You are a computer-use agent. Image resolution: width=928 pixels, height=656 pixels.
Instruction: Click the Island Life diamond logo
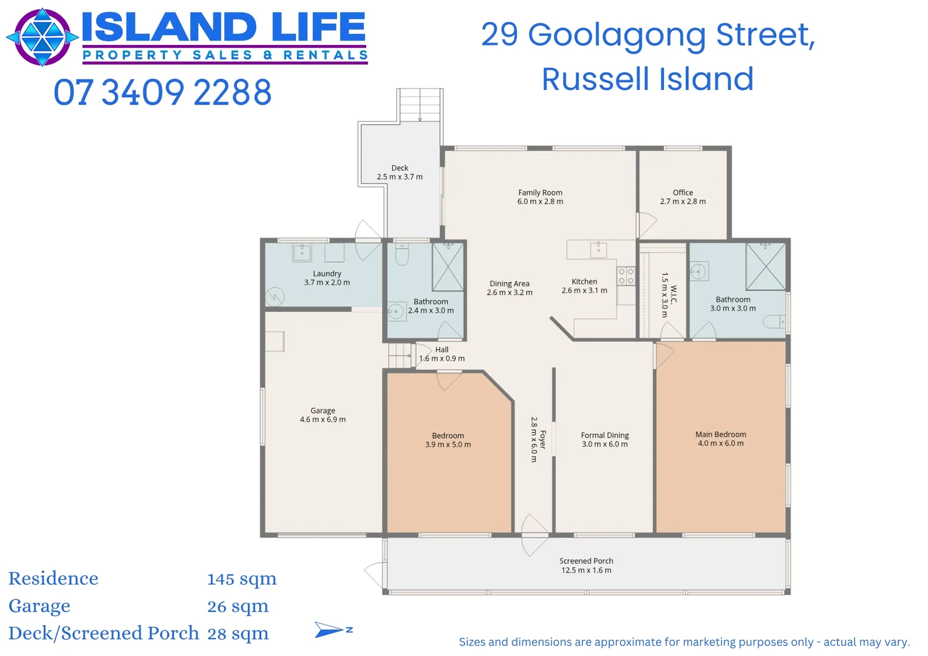click(x=42, y=37)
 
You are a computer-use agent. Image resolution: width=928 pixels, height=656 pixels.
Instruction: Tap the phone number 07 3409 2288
click(x=162, y=92)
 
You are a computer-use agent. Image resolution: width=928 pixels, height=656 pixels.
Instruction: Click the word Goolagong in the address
click(x=617, y=35)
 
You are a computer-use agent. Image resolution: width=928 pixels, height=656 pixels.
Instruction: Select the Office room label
click(x=683, y=193)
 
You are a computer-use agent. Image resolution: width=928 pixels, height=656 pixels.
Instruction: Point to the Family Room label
click(x=540, y=193)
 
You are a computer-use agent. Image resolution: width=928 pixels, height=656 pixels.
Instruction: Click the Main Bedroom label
click(x=720, y=434)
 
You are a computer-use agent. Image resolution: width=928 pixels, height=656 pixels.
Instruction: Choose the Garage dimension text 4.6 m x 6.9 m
click(x=322, y=420)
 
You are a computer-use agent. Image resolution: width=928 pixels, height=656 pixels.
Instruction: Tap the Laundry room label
click(x=327, y=274)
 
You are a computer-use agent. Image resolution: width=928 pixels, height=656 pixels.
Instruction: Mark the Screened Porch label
click(x=586, y=561)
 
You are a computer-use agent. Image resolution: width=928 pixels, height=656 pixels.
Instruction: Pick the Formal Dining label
click(x=604, y=436)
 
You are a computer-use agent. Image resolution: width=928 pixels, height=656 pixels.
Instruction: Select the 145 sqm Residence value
click(x=242, y=579)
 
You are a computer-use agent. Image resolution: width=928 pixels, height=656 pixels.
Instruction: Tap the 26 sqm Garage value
click(x=237, y=606)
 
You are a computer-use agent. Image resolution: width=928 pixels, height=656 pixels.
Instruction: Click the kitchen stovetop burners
click(x=626, y=276)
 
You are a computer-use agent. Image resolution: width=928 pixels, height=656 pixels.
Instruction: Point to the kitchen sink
click(x=598, y=249)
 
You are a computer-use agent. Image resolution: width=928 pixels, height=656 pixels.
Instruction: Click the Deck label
click(x=400, y=168)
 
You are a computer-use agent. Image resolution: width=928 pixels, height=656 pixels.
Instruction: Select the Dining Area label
click(x=509, y=284)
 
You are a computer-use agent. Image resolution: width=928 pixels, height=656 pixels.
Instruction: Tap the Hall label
click(x=442, y=350)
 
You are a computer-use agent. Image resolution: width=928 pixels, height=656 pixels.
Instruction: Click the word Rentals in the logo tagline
click(x=325, y=55)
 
